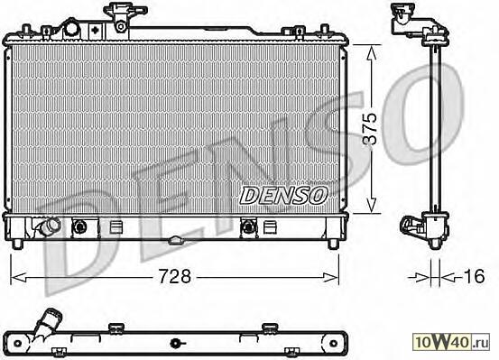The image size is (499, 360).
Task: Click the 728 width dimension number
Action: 175,276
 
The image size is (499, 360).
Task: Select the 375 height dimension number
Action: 370,129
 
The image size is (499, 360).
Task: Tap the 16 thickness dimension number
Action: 474,276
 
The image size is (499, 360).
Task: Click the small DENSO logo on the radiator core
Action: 283,195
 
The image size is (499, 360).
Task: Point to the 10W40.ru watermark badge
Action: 451,343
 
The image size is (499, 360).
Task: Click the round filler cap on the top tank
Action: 71,31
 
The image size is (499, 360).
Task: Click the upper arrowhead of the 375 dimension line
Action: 371,52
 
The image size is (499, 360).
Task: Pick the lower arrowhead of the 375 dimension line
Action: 371,206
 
